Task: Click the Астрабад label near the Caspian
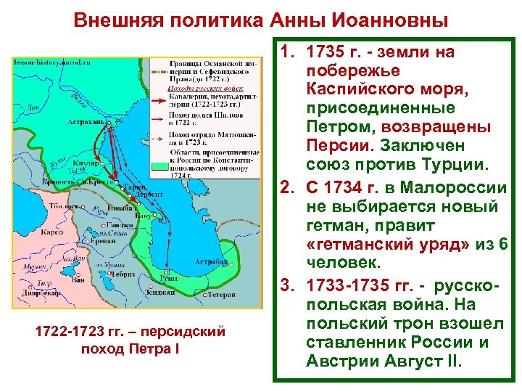click(212, 261)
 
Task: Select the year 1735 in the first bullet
click(327, 52)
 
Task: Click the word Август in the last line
click(428, 361)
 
